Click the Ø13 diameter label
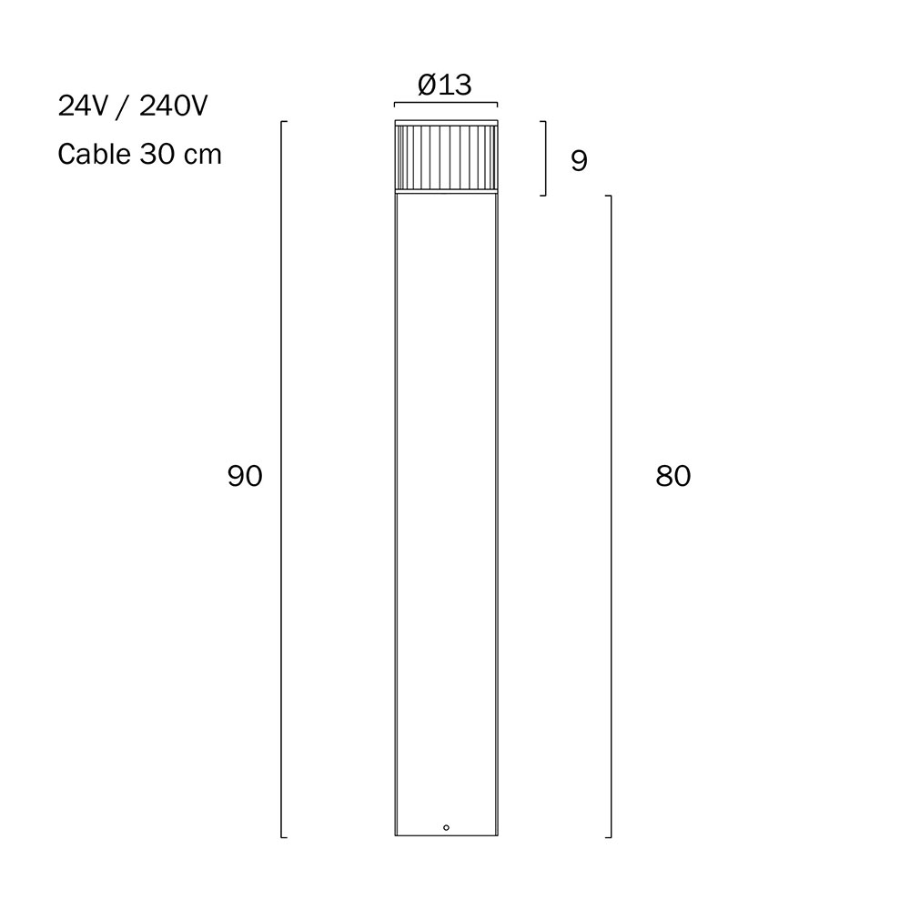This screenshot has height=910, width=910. click(x=445, y=85)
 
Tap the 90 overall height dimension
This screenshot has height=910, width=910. click(x=245, y=476)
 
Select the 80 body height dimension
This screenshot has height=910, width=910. click(x=673, y=476)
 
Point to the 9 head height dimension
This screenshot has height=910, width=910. click(x=579, y=160)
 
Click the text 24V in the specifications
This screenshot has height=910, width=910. click(x=83, y=106)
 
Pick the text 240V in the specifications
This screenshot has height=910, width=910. click(x=173, y=106)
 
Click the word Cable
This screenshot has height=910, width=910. click(x=94, y=155)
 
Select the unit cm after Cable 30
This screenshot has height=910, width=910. click(x=203, y=157)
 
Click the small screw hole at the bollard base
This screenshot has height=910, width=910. click(x=446, y=827)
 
